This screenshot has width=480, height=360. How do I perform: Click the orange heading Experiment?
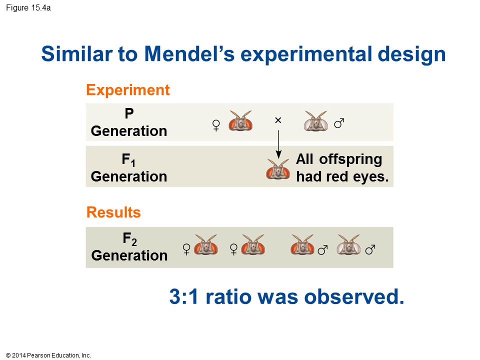[x=128, y=90]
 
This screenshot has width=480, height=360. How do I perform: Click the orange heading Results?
[x=113, y=212]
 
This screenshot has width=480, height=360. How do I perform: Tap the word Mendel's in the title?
[x=189, y=54]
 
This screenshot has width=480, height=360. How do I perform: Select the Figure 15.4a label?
[x=28, y=8]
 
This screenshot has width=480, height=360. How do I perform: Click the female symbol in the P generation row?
[x=216, y=125]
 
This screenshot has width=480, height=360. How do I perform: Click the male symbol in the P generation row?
[x=339, y=123]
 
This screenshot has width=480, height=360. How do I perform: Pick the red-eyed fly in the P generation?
[x=240, y=121]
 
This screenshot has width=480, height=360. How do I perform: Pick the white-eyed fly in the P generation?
[x=315, y=121]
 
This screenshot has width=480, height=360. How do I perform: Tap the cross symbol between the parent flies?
[x=278, y=120]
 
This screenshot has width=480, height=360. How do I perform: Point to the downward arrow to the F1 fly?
[x=278, y=144]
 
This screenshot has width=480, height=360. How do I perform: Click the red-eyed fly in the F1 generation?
[x=278, y=169]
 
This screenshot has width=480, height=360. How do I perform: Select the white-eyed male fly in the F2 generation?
[x=348, y=245]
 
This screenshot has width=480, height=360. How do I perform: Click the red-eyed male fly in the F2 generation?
[x=302, y=245]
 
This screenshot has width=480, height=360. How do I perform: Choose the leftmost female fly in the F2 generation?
[x=206, y=245]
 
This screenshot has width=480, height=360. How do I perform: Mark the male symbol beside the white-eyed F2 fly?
[x=370, y=250]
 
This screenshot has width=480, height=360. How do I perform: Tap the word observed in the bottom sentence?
[x=354, y=296]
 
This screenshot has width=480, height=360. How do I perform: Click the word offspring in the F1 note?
[x=350, y=160]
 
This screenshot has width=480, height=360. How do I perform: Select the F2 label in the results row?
[x=129, y=239]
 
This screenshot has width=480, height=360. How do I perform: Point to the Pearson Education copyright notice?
[x=48, y=355]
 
